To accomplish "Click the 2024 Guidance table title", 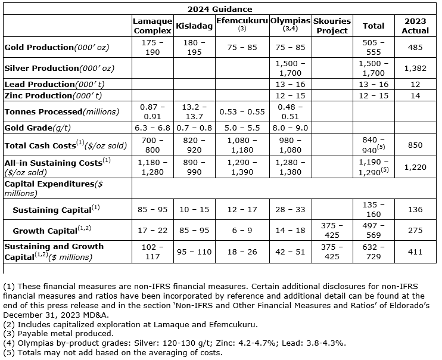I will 220,9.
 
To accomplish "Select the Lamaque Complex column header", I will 152,26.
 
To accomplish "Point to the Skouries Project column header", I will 332,26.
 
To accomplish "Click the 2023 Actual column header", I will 415,26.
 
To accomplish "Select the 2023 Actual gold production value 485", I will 415,46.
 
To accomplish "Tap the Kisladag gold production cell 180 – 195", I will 191,46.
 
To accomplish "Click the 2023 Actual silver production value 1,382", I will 415,68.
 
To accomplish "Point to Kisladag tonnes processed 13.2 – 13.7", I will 191,111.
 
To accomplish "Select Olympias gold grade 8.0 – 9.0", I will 290,128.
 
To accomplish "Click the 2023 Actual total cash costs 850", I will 415,144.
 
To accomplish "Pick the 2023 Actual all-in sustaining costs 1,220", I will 415,167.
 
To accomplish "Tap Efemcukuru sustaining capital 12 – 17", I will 242,209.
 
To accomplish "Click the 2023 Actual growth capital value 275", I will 415,230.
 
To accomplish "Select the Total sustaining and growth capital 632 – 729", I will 373,252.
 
